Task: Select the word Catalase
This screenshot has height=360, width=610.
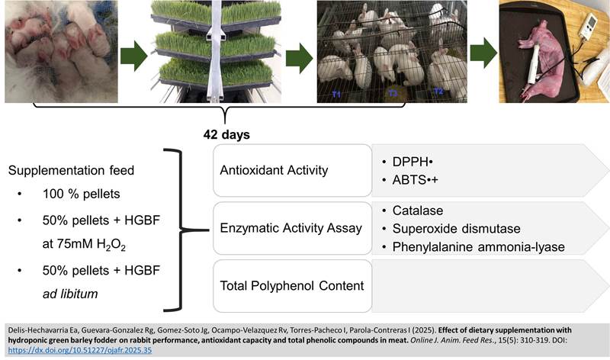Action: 418,210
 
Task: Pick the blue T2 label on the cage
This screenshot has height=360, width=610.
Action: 439,91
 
